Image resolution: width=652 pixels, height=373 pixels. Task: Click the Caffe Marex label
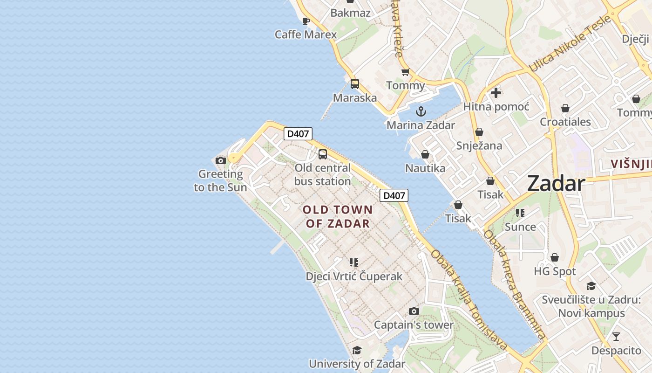click(306, 35)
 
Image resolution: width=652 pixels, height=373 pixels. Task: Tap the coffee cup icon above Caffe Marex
click(306, 21)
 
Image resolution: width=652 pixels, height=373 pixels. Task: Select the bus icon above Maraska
click(355, 84)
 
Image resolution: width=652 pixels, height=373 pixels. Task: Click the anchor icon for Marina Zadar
click(421, 111)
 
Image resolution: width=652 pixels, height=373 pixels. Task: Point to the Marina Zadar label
click(421, 125)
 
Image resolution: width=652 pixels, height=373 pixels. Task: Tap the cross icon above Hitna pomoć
click(496, 93)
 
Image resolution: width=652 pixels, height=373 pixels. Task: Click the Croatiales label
click(565, 122)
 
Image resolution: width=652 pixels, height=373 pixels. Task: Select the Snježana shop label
click(479, 145)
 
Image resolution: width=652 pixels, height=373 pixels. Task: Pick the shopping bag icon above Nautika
click(425, 154)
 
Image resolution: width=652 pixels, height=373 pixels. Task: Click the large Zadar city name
click(556, 184)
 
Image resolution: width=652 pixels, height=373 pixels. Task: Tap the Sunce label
click(520, 227)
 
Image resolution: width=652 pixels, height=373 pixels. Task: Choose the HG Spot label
click(555, 271)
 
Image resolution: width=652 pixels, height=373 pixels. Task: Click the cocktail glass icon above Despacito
click(616, 337)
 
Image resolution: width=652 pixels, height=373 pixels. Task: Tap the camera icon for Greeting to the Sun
click(221, 161)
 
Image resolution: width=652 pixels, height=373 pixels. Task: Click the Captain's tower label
click(414, 325)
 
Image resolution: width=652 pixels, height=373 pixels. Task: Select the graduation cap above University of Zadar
click(357, 350)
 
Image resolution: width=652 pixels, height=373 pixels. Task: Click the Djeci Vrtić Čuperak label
click(354, 276)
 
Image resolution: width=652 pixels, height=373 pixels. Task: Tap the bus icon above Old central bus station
click(323, 154)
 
